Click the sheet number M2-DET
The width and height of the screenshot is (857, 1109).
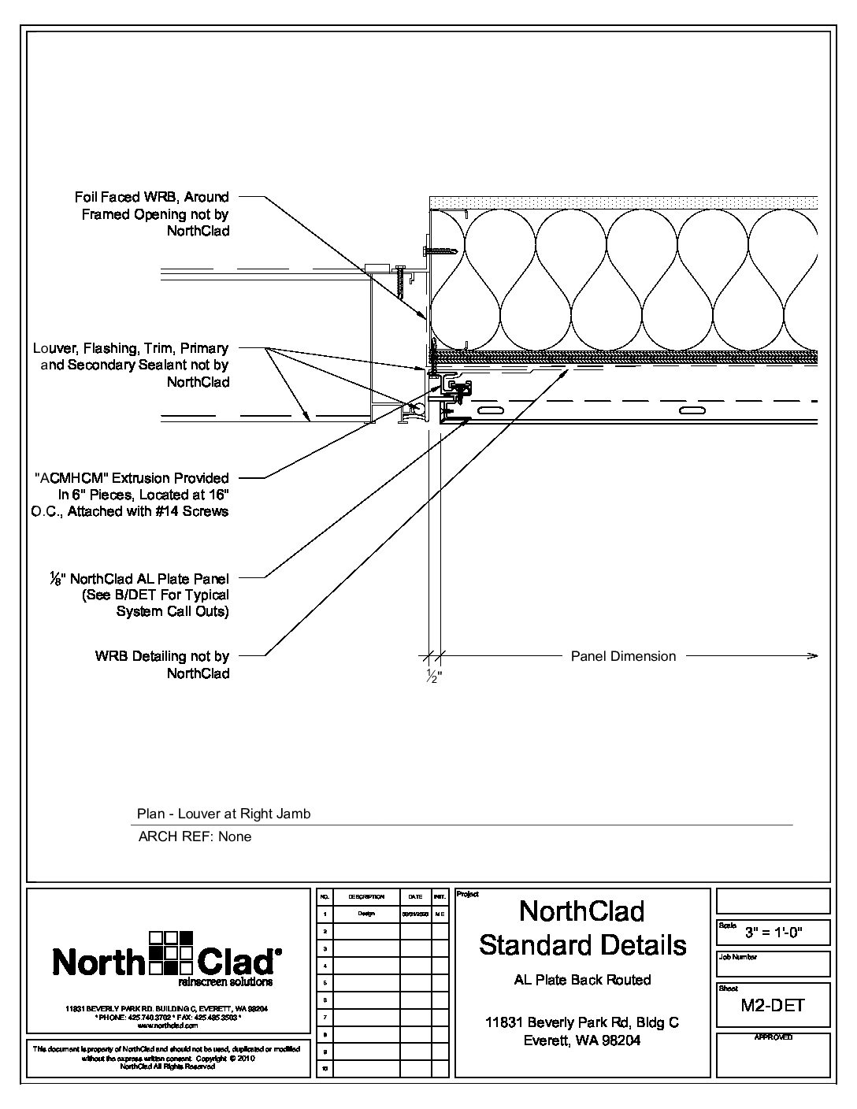click(772, 1005)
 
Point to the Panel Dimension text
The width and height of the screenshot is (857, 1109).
click(623, 656)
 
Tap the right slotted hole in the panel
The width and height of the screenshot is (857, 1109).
click(692, 411)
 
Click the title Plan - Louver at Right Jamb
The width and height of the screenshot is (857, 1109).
click(224, 814)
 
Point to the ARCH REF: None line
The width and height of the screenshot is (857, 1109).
click(195, 836)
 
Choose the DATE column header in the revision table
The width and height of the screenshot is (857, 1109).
click(415, 896)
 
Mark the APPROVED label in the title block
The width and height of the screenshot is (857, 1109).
click(773, 1037)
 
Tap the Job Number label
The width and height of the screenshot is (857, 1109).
click(736, 957)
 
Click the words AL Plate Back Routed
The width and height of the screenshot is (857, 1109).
click(582, 980)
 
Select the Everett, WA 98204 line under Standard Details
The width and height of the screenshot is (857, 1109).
click(582, 1040)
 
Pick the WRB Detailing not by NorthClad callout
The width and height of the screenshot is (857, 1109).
click(162, 665)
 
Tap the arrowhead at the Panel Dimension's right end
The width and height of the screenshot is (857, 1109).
click(814, 655)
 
